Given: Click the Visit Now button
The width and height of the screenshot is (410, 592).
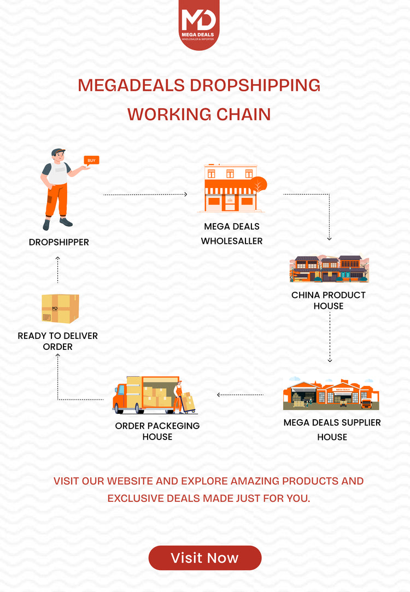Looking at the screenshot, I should [x=205, y=558].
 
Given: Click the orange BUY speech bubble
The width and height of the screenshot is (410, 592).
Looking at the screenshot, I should [x=91, y=160].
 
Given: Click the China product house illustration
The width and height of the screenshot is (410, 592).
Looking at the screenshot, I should [x=329, y=268].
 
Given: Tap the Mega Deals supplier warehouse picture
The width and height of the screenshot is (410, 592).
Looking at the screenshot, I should [x=331, y=393].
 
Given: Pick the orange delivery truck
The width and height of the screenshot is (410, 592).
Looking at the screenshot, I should [x=147, y=395].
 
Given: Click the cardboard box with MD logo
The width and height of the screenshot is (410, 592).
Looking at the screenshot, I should [x=60, y=309].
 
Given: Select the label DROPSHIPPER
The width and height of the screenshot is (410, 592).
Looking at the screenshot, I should [x=59, y=242].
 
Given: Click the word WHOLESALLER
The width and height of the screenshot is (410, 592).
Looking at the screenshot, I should [x=232, y=241].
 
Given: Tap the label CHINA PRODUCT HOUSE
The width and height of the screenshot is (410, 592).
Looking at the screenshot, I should [x=329, y=301].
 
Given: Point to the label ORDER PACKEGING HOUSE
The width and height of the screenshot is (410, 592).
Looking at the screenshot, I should [x=157, y=431].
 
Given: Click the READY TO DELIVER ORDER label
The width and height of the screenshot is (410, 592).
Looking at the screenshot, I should [x=58, y=341].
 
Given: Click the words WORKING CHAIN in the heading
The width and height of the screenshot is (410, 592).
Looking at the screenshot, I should [x=199, y=114].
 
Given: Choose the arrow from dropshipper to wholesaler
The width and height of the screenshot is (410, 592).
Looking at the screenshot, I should [x=145, y=194].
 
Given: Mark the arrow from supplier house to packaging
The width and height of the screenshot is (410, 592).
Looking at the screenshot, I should [x=241, y=394].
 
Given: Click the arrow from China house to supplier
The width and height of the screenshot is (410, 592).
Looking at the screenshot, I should [x=330, y=338].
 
